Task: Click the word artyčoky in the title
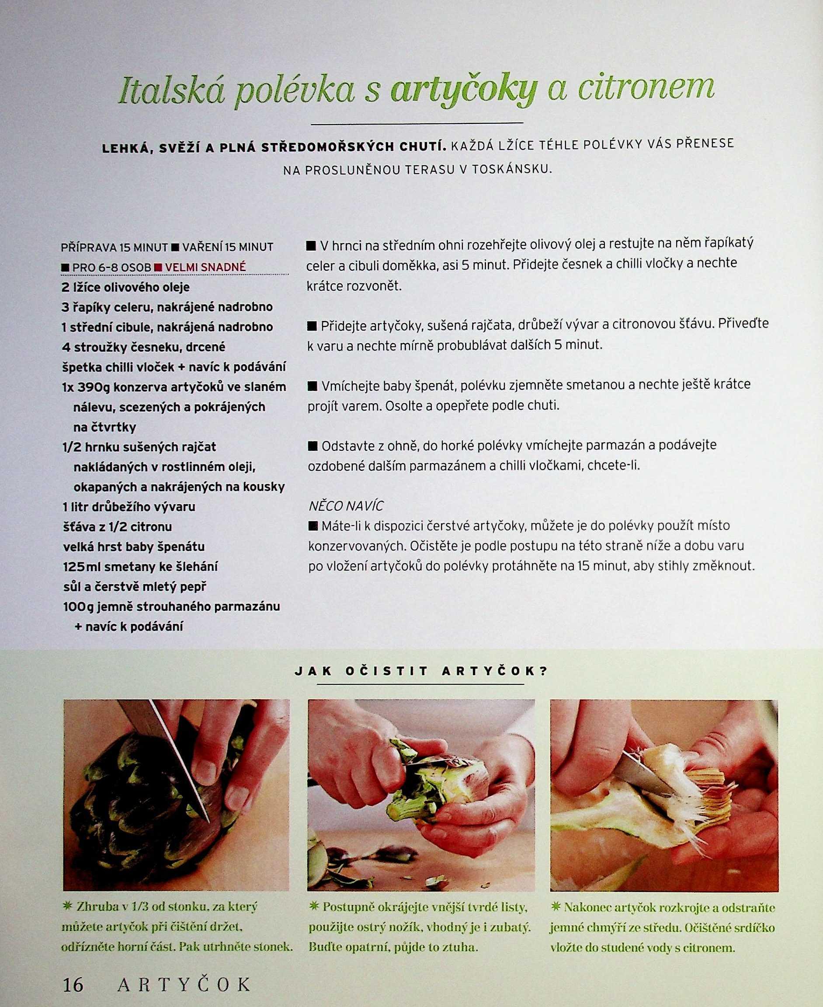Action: point(464,91)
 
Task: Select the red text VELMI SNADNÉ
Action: point(205,267)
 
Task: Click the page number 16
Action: point(73,985)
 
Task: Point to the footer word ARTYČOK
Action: point(184,984)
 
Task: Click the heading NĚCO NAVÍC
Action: point(346,506)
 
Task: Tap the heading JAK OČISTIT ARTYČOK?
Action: point(421,671)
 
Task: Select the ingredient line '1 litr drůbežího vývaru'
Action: point(129,507)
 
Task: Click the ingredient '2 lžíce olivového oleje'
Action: point(125,287)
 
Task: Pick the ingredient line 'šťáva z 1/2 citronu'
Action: point(118,526)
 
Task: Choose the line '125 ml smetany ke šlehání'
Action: point(140,567)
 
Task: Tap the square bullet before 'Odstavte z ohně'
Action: point(313,446)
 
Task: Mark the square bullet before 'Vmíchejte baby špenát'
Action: point(312,386)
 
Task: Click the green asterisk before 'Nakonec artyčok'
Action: point(556,907)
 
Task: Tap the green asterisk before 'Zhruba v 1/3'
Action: point(68,906)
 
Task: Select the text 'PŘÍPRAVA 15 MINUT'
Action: point(114,247)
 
